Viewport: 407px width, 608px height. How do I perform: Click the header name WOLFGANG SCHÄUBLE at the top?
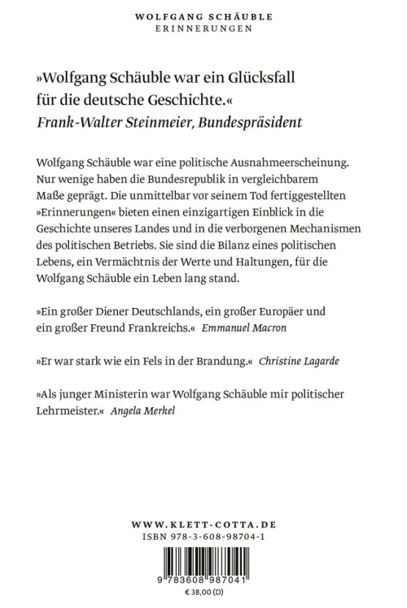point(203,15)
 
